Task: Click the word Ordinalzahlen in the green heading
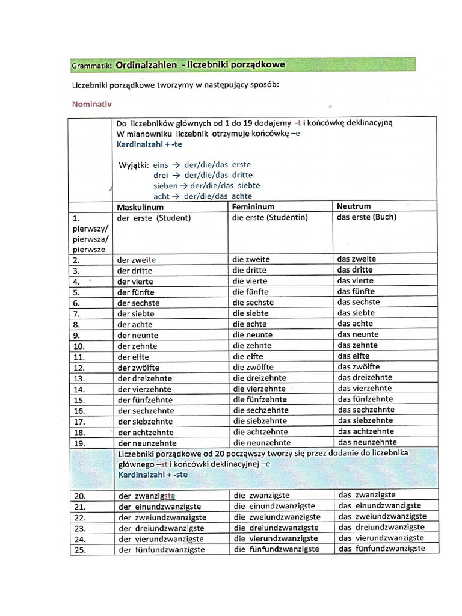(x=146, y=64)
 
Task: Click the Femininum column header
(x=253, y=206)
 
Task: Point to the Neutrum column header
(x=354, y=206)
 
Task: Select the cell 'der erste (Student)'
(x=153, y=218)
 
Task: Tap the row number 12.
(x=78, y=368)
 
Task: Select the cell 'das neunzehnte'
(x=366, y=442)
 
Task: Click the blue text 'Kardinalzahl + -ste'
(x=153, y=475)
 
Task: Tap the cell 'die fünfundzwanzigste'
(x=276, y=549)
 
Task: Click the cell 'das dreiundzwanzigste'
(x=381, y=527)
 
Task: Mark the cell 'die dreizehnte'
(x=259, y=378)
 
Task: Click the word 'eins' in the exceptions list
(x=161, y=164)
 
